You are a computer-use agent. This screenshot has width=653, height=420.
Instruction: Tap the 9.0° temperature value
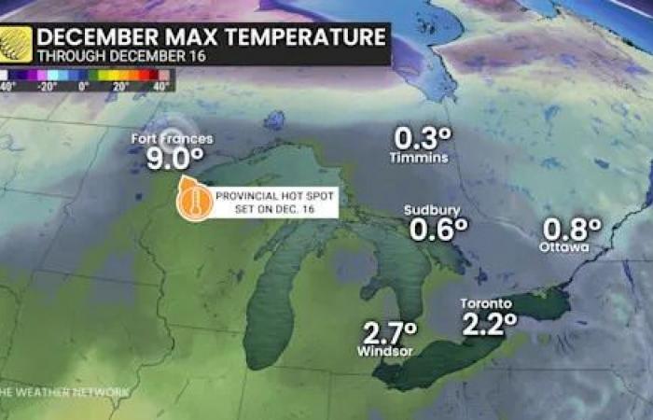click(174, 159)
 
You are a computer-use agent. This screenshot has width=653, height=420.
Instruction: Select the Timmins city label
click(419, 158)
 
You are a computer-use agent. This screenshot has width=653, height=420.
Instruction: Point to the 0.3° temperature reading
click(423, 138)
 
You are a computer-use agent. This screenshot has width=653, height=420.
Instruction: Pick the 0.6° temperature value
click(436, 230)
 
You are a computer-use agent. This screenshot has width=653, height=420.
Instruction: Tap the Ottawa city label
click(564, 247)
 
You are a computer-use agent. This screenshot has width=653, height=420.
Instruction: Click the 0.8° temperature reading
click(572, 228)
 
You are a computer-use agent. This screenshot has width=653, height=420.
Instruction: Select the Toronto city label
click(486, 304)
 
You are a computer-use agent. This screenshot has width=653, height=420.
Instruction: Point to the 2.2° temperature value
click(489, 324)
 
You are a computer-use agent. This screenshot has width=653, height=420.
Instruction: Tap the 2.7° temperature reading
click(389, 331)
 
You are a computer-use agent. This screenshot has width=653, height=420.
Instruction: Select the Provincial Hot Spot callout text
click(274, 202)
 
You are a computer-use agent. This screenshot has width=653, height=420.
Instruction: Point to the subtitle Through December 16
click(108, 56)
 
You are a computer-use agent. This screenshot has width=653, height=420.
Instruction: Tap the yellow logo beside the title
click(16, 44)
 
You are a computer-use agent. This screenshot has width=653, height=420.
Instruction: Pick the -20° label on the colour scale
click(48, 85)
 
